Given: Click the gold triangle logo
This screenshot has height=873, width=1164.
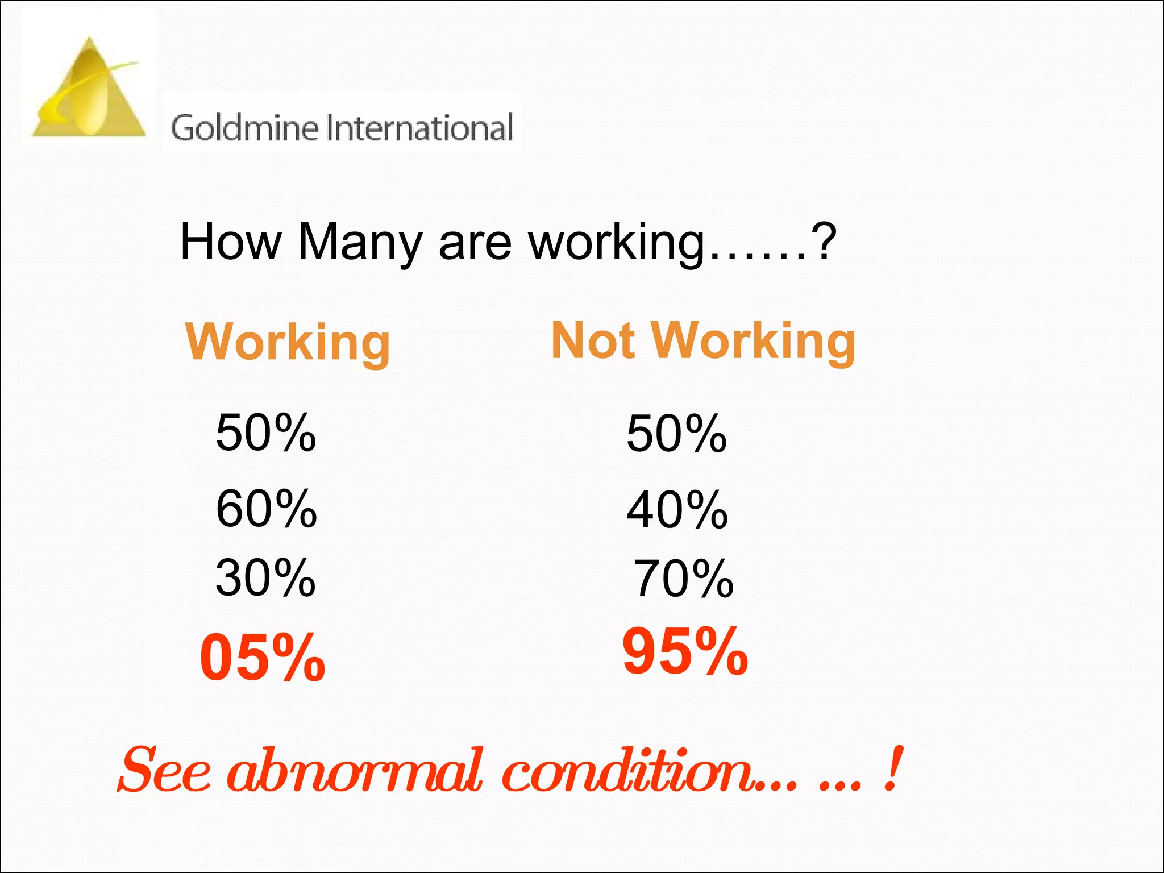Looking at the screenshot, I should [x=89, y=91].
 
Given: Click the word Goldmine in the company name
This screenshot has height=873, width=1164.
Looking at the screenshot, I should [x=244, y=127].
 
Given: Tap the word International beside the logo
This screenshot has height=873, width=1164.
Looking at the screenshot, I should [x=421, y=127].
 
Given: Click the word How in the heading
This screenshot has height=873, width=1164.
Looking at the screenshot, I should [x=230, y=242].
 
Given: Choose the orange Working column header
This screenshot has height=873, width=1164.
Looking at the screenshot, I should [x=288, y=342].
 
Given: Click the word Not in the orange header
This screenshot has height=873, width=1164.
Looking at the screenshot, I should [x=593, y=340].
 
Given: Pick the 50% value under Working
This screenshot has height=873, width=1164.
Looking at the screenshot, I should [x=265, y=433].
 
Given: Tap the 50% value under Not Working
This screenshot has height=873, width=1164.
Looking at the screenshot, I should [x=676, y=434].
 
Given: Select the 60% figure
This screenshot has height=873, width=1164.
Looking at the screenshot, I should [x=266, y=509].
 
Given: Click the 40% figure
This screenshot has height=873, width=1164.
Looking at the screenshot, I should [x=677, y=510].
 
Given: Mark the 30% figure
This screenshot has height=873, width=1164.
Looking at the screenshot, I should [x=265, y=578].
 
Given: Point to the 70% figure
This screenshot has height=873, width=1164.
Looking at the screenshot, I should [x=683, y=579].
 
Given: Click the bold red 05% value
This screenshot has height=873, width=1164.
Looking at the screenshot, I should [x=263, y=658].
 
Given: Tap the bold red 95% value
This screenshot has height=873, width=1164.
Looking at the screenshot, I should [x=685, y=651].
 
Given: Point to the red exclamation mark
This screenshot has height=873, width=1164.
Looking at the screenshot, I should [x=893, y=768].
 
